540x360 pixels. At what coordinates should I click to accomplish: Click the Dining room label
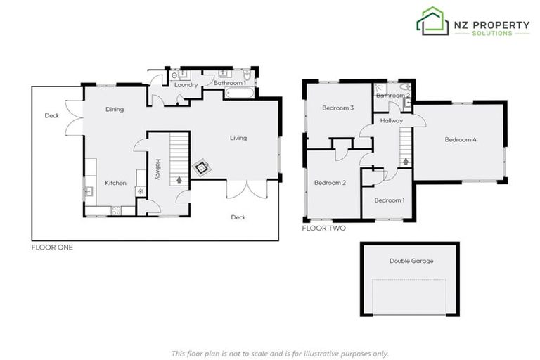[115, 109]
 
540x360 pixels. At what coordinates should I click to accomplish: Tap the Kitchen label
[115, 183]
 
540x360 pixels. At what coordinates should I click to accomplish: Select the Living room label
[238, 138]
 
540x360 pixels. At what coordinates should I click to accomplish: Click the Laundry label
[186, 85]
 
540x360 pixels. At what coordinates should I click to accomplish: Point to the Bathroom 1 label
[229, 83]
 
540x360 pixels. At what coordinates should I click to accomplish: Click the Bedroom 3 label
[337, 108]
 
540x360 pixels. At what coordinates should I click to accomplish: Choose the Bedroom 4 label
[461, 139]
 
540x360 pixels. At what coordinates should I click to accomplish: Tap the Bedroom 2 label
[330, 183]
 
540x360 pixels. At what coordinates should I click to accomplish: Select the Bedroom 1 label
[389, 200]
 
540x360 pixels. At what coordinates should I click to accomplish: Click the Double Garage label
[411, 261]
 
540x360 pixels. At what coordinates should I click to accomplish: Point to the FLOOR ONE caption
[52, 247]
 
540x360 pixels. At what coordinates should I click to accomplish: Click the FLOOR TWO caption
[323, 228]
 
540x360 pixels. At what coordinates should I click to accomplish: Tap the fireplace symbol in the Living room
[202, 167]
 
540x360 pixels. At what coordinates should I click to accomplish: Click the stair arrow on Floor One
[180, 180]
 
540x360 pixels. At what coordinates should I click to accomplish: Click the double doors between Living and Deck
[247, 188]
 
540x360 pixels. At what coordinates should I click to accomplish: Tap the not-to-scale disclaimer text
[280, 354]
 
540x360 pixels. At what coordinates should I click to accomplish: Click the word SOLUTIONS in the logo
[491, 33]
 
